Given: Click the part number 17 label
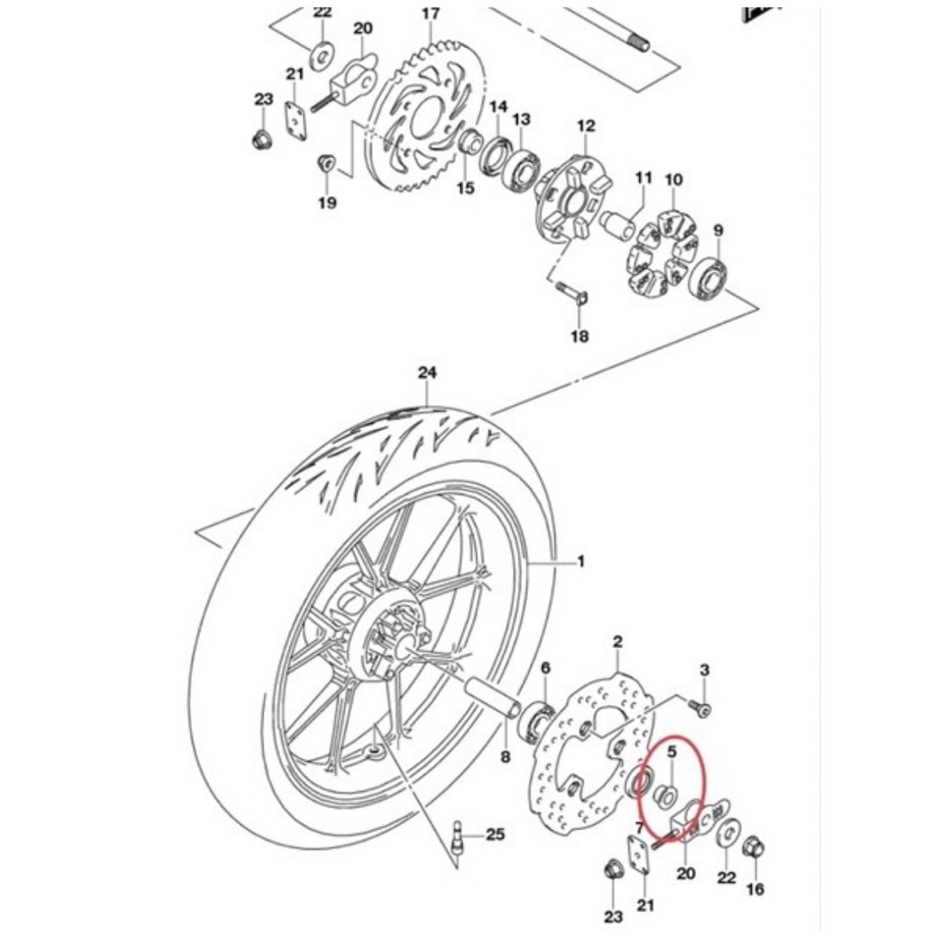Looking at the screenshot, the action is pyautogui.click(x=431, y=14).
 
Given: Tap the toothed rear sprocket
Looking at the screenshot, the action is pyautogui.click(x=425, y=115).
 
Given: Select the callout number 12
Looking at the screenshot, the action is pyautogui.click(x=586, y=126).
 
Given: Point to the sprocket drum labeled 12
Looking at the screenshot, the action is pyautogui.click(x=573, y=198).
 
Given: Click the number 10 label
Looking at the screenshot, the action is pyautogui.click(x=674, y=180).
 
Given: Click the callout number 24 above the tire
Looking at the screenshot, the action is pyautogui.click(x=427, y=372).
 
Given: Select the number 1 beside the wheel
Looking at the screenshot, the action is pyautogui.click(x=580, y=562).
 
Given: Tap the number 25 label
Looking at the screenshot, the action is pyautogui.click(x=495, y=834).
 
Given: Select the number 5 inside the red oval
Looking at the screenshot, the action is pyautogui.click(x=671, y=751).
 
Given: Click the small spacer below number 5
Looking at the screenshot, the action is pyautogui.click(x=666, y=796).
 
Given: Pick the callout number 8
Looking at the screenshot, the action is pyautogui.click(x=505, y=757).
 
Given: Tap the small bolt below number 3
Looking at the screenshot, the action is pyautogui.click(x=698, y=707).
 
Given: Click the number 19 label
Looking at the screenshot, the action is pyautogui.click(x=327, y=203).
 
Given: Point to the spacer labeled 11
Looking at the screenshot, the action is pyautogui.click(x=617, y=224).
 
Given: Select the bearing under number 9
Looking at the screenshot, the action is pyautogui.click(x=709, y=276).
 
